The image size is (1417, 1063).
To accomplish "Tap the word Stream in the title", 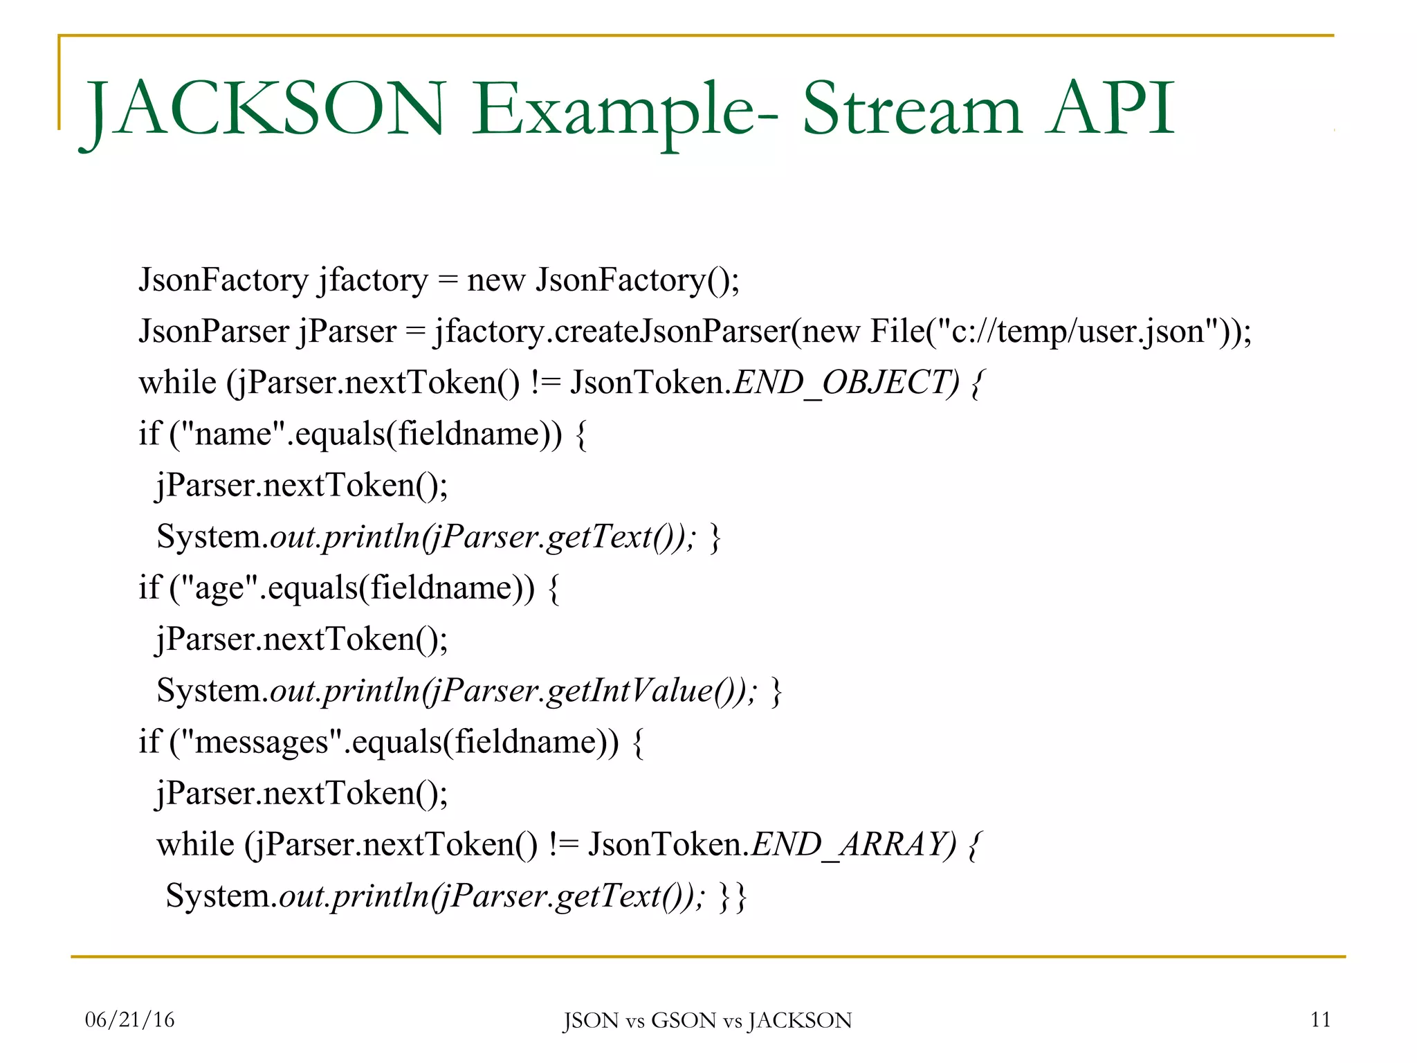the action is coord(911,109).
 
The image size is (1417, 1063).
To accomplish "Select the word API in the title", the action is coord(1111,109).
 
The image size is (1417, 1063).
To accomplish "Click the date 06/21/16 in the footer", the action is coord(129,1019).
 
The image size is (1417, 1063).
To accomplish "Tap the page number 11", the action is coord(1320,1019).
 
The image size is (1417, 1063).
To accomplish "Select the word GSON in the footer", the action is coord(684,1021).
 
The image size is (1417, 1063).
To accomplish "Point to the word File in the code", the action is coord(897,331).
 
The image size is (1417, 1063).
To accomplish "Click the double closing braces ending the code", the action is coord(733,896).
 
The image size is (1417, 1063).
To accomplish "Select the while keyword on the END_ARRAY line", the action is coord(195,844).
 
